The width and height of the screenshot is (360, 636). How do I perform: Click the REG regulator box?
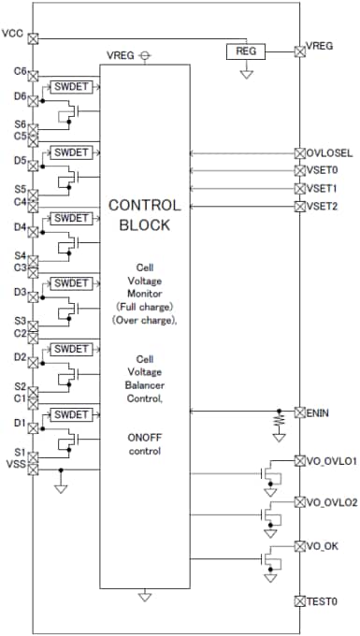(247, 52)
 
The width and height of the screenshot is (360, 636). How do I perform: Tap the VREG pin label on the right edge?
(321, 45)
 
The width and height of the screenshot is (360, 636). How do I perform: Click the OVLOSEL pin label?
(328, 152)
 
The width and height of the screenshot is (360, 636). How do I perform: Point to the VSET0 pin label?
(323, 170)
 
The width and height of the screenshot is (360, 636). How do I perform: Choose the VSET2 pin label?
(323, 206)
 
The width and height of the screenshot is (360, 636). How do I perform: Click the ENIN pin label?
(319, 412)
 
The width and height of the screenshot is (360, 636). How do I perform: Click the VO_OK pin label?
(323, 545)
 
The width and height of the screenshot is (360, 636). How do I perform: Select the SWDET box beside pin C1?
(70, 413)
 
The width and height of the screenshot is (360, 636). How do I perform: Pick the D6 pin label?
(20, 95)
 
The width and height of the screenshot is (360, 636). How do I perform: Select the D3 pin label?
(20, 292)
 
